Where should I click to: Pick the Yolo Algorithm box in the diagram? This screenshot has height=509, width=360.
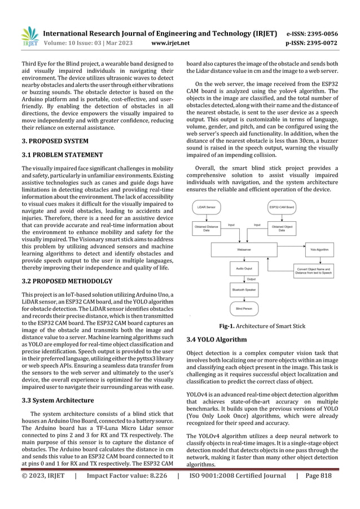tap(319, 248)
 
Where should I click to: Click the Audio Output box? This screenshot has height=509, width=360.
tap(243, 269)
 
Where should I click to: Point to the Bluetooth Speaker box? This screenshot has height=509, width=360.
tap(243, 289)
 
